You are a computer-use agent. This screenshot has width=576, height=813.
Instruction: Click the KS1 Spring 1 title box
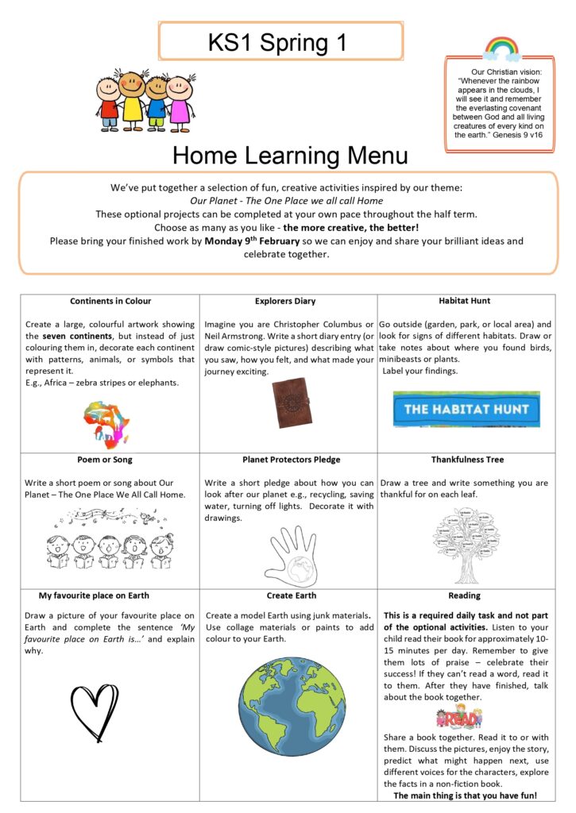tap(277, 41)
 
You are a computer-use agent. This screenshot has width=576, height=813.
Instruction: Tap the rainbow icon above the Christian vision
tap(501, 48)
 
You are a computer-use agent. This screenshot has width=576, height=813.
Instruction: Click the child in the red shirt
tap(110, 102)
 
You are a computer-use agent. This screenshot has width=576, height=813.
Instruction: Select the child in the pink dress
tap(180, 102)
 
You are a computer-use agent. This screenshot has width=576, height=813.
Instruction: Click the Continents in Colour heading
tap(110, 302)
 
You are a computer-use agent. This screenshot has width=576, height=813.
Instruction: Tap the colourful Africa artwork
tap(106, 423)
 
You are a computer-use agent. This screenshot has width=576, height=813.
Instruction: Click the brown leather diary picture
tap(288, 399)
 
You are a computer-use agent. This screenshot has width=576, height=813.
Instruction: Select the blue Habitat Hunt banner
tap(466, 409)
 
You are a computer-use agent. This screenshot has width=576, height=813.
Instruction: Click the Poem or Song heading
tap(110, 460)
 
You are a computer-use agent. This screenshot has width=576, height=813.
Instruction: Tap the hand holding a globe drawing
tap(290, 556)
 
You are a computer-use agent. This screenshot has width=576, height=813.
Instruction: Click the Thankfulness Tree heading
tap(467, 460)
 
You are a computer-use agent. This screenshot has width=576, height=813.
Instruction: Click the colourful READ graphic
tap(459, 718)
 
